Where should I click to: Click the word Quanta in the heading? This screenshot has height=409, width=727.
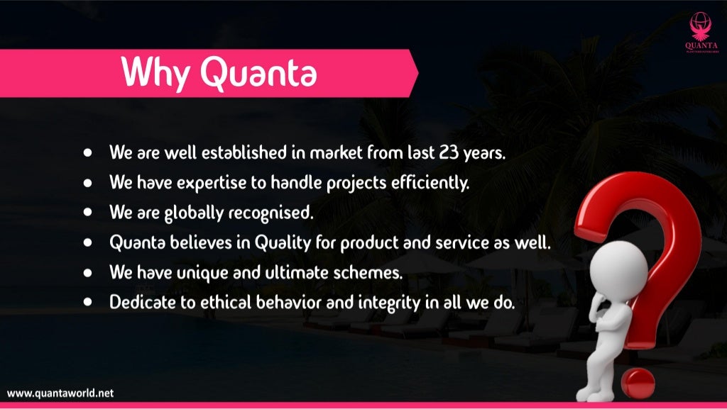258,73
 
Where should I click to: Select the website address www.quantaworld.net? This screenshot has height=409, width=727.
60,393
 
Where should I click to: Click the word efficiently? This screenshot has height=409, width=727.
432,183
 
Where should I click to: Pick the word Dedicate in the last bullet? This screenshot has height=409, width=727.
143,301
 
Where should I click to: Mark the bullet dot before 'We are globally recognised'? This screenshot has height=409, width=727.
88,212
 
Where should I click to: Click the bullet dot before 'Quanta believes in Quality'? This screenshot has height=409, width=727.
88,242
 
